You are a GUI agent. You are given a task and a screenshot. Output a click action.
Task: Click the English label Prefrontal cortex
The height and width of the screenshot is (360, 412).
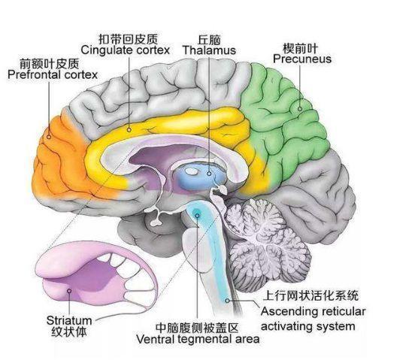[53, 75]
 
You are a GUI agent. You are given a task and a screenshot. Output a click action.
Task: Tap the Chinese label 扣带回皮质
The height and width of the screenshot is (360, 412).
[129, 39]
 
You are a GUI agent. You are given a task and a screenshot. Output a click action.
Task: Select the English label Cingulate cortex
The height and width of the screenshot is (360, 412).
[126, 50]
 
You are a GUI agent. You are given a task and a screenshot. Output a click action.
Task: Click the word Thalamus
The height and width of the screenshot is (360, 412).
[210, 50]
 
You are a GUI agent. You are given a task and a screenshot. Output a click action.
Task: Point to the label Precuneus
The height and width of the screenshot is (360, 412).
[302, 59]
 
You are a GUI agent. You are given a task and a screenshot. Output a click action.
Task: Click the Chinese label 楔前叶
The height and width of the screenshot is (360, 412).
[300, 48]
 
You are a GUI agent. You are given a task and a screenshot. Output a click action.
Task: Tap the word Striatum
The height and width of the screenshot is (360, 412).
[69, 320]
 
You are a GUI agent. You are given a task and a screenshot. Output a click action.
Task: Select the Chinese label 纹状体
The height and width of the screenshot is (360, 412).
[69, 332]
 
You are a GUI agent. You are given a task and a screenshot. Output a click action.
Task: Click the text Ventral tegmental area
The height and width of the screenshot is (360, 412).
[198, 339]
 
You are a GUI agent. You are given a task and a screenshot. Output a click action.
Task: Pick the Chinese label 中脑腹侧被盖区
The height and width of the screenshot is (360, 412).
[197, 328]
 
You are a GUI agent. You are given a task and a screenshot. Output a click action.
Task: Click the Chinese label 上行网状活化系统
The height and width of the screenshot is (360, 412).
[311, 295]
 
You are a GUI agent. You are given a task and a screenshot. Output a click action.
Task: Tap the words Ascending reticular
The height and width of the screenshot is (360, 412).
[314, 311]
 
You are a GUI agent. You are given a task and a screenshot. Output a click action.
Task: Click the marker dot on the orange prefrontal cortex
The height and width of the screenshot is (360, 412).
[49, 137]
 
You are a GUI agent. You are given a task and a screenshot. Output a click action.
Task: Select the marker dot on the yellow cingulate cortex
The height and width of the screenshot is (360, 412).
[129, 130]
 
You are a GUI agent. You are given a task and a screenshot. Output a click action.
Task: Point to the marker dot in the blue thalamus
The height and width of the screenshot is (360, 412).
[209, 174]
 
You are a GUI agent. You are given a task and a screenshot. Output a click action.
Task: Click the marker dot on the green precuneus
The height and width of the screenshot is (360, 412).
[300, 109]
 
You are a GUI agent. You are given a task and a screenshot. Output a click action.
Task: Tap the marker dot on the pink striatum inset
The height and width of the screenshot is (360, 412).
[69, 291]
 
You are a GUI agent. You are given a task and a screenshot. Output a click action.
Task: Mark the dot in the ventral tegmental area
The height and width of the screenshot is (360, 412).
[197, 216]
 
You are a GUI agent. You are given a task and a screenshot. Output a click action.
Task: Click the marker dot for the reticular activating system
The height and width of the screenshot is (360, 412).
[227, 301]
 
